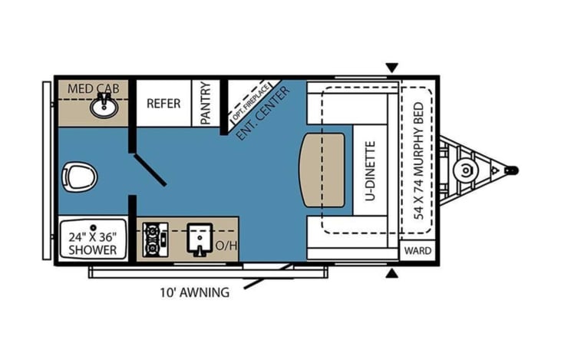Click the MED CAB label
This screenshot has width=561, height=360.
tap(94, 88)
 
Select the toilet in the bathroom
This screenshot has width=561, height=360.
tap(79, 177)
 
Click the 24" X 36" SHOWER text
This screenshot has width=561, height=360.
tap(93, 243)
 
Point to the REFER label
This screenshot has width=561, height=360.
tap(163, 104)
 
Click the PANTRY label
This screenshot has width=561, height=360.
tap(206, 103)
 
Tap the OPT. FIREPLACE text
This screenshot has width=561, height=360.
tap(251, 102)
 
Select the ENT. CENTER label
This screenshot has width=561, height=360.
tap(263, 114)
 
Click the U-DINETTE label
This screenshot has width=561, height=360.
tap(371, 171)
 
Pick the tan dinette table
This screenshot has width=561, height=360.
tap(322, 170)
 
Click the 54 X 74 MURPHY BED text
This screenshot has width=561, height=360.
tap(418, 161)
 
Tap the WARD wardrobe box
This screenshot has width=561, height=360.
tap(417, 251)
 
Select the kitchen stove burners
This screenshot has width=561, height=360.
tap(155, 239)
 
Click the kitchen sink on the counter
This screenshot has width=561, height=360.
tap(200, 239)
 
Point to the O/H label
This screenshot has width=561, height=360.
tap(226, 246)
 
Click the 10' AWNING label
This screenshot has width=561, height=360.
tap(195, 292)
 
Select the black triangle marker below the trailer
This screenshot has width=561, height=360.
tap(392, 273)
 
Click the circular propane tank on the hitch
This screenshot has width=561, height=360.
tap(465, 170)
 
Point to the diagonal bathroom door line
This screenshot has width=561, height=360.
tap(150, 170)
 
